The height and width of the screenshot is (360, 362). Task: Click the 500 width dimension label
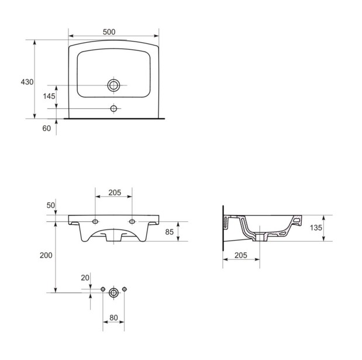pyautogui.click(x=109, y=32)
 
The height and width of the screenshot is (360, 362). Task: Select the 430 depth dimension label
pyautogui.click(x=27, y=82)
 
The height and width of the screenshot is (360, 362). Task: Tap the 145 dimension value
pyautogui.click(x=49, y=96)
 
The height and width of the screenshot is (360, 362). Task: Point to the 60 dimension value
pyautogui.click(x=46, y=128)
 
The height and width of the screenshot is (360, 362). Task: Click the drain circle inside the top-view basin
pyautogui.click(x=113, y=85)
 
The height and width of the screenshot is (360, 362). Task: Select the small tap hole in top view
pyautogui.click(x=113, y=108)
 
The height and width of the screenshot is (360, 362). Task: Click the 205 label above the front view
pyautogui.click(x=115, y=193)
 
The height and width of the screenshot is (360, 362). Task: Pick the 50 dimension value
pyautogui.click(x=51, y=205)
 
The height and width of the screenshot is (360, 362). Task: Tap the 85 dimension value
pyautogui.click(x=169, y=232)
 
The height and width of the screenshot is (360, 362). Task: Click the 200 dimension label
pyautogui.click(x=46, y=255)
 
